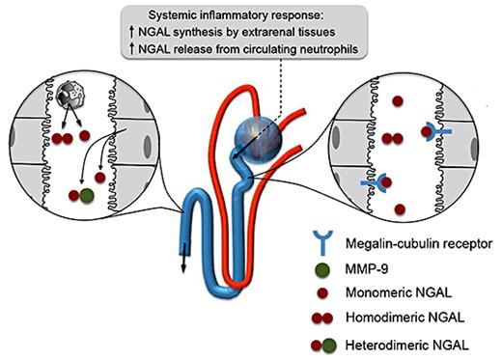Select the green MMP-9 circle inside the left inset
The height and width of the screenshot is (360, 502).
pyautogui.click(x=88, y=196)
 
